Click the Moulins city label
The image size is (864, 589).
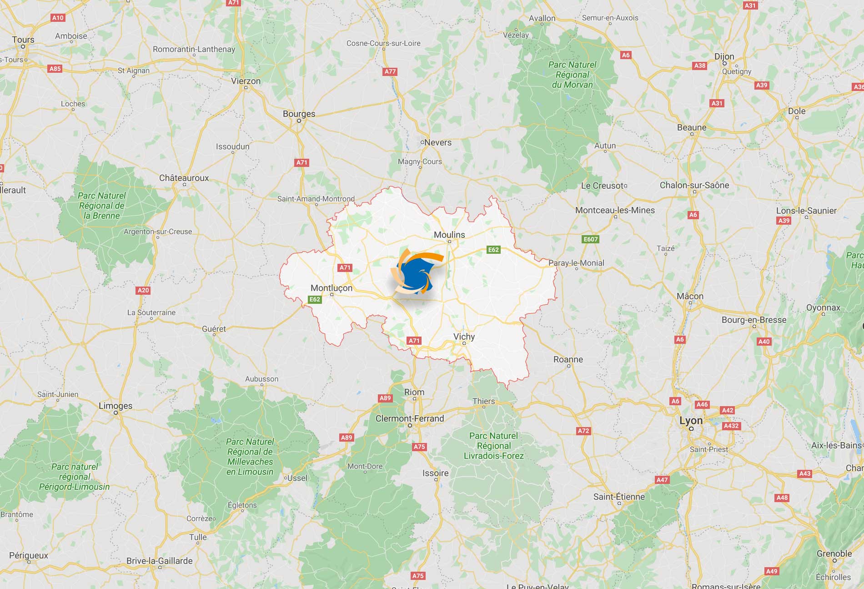(x=449, y=235)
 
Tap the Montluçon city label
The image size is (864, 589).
(x=331, y=288)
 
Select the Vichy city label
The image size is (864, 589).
(x=464, y=337)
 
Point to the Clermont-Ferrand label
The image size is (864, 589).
(x=409, y=418)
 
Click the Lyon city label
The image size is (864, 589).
(x=691, y=421)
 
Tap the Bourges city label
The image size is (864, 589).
(x=299, y=114)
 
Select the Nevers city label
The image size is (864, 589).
(x=437, y=142)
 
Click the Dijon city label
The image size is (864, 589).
(x=724, y=56)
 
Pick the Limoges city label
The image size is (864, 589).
(x=116, y=406)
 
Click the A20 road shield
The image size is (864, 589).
(x=143, y=290)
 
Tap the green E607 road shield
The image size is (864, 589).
(x=591, y=239)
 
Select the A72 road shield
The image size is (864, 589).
(x=583, y=431)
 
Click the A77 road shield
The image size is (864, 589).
(x=390, y=71)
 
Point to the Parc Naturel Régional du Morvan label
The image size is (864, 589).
(x=572, y=75)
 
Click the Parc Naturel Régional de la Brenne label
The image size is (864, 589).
(x=102, y=206)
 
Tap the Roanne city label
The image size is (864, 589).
(x=568, y=359)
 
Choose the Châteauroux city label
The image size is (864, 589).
(x=184, y=178)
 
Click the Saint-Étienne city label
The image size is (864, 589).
(x=619, y=497)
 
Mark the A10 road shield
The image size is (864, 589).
(x=58, y=18)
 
